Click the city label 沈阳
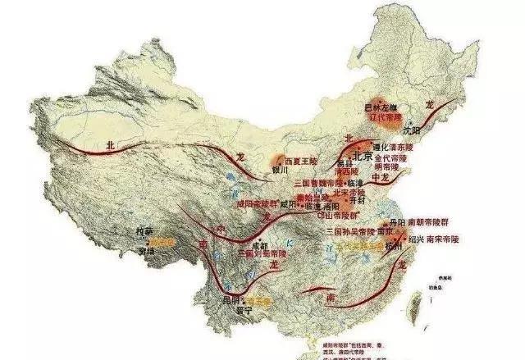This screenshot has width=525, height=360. [x=414, y=129]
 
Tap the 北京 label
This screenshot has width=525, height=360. [x=360, y=155]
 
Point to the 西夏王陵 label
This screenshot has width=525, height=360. [x=299, y=160]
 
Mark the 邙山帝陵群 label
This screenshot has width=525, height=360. [x=336, y=215]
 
